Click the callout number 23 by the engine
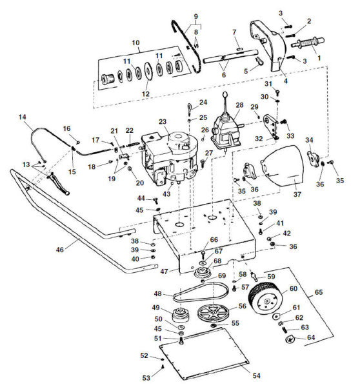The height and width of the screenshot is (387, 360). pos(162,121)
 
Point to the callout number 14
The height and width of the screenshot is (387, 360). pos(23,117)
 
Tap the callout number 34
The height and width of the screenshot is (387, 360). pos(309,140)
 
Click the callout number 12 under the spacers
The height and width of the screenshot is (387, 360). pos(146,94)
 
